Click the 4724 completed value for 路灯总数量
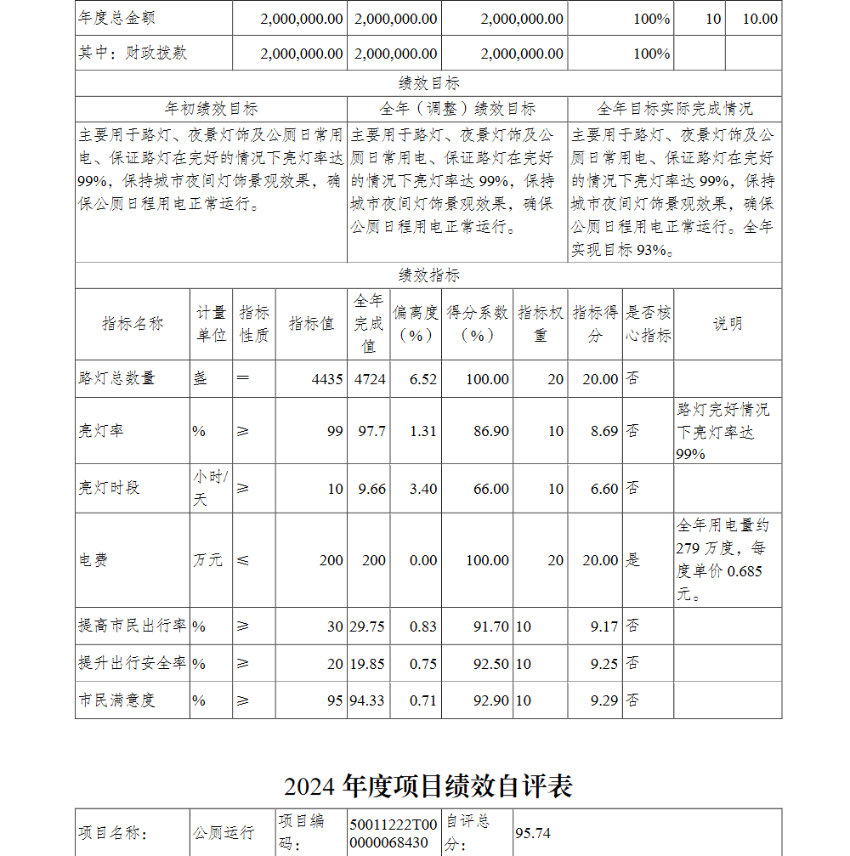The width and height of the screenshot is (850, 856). click(x=370, y=379)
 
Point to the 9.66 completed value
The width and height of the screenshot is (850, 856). click(x=371, y=489)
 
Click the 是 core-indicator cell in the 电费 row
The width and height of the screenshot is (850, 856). click(x=633, y=560)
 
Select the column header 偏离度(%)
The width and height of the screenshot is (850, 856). click(x=416, y=324)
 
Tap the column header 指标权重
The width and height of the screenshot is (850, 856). click(x=541, y=324)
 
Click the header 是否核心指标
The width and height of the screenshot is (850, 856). click(x=649, y=324)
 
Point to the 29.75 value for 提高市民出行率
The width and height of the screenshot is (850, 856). click(x=367, y=626)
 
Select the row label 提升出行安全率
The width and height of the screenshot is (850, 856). click(x=132, y=663)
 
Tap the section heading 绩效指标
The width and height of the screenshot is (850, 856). click(x=429, y=275)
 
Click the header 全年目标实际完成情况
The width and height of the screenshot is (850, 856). click(x=674, y=109)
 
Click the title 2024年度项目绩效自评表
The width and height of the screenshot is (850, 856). click(x=428, y=786)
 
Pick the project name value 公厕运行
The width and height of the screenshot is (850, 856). click(x=224, y=832)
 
